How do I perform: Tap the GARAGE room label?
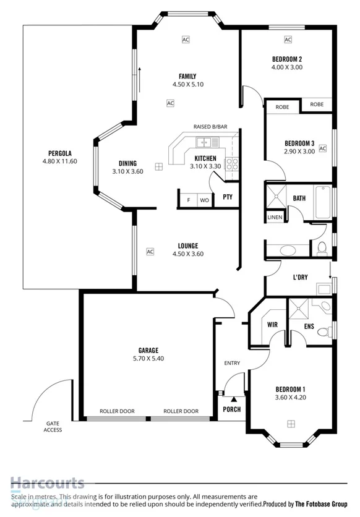click(148, 349)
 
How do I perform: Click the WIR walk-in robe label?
click(272, 324)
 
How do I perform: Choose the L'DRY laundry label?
click(300, 277)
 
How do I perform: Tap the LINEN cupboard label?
click(275, 217)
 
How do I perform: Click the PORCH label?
click(231, 409)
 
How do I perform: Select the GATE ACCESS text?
click(53, 427)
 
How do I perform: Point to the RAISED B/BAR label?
click(210, 127)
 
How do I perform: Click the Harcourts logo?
click(47, 483)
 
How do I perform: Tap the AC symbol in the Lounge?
click(150, 252)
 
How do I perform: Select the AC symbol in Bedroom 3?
click(322, 148)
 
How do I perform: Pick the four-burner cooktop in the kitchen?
click(232, 164)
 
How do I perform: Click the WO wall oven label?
click(204, 200)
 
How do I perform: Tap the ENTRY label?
click(232, 363)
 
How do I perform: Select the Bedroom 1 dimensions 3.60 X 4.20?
click(291, 398)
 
